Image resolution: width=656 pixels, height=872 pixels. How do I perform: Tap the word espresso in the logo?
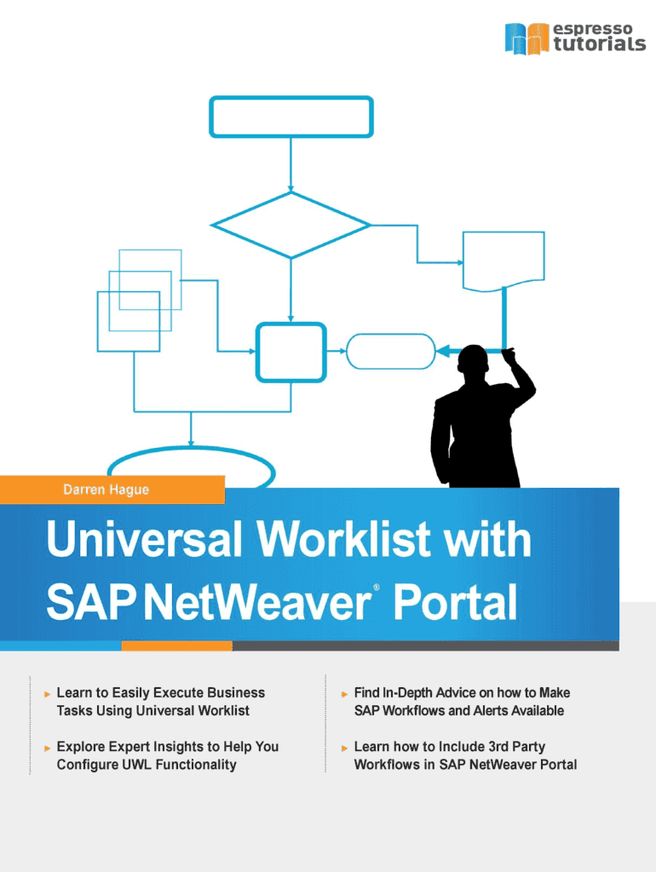pos(593,28)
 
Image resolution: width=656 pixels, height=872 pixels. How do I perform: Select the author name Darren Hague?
pos(106,490)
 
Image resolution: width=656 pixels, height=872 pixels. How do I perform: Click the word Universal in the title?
pos(145,538)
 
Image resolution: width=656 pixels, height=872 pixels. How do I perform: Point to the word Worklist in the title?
pos(343,538)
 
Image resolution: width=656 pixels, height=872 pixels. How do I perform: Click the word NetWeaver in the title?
pos(258,602)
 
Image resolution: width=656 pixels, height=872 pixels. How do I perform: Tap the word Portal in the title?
pos(456,602)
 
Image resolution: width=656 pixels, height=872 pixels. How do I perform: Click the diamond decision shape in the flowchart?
pos(291,225)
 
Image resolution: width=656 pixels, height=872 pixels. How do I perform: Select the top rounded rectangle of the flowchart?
pos(291,117)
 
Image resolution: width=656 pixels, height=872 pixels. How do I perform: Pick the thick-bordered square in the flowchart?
pos(291,352)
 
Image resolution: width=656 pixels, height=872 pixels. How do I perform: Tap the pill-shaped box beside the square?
pos(390,351)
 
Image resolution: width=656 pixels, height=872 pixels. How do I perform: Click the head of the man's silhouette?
pos(473,361)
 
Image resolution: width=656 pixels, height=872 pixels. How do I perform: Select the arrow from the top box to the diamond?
pos(291,164)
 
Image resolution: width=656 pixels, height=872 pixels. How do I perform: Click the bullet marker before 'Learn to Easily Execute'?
pos(48,694)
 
